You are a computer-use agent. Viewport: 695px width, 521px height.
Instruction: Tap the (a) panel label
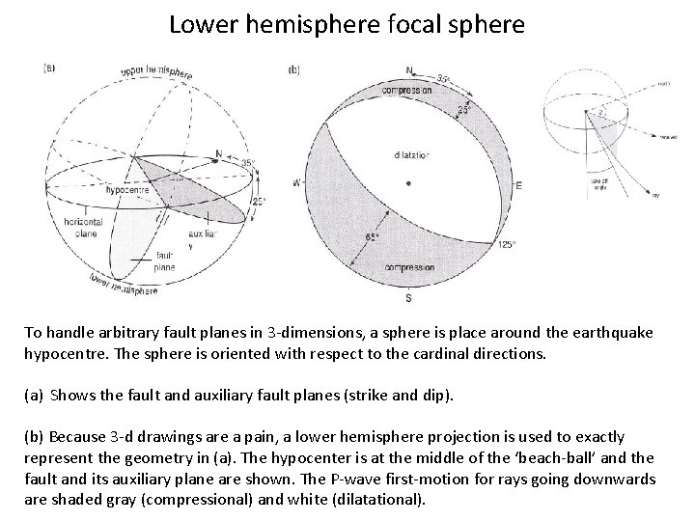[x=49, y=68]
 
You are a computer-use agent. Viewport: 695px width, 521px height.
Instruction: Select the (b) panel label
[x=295, y=69]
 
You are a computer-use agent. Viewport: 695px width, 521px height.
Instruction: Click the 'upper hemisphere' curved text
[x=157, y=73]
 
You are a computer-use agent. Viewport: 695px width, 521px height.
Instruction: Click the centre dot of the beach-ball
[x=410, y=182]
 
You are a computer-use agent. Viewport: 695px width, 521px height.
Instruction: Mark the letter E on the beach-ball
[x=518, y=184]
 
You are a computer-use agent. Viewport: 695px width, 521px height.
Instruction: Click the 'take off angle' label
[x=598, y=184]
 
